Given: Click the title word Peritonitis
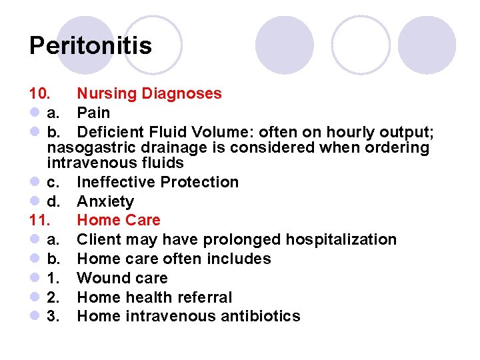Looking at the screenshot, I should point(91,46).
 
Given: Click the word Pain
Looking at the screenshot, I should point(93,113).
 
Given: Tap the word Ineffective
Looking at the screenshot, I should point(114,182).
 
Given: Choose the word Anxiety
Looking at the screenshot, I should point(105,201).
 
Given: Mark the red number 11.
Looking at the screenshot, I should point(39,220).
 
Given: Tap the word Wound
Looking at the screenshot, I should point(100,278).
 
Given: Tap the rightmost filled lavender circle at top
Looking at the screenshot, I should point(427,45).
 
